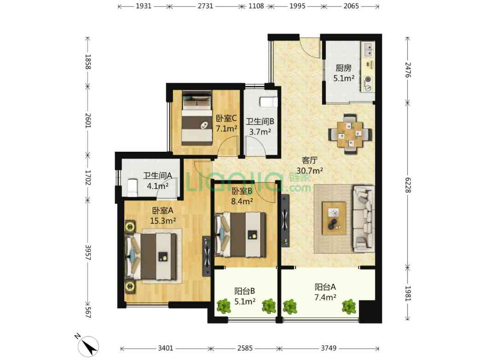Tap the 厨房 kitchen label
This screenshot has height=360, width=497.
pyautogui.click(x=343, y=68)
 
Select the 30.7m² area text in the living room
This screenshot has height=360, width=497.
pyautogui.click(x=309, y=171)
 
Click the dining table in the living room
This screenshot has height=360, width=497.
pyautogui.click(x=350, y=134)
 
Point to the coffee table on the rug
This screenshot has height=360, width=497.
pyautogui.click(x=334, y=218)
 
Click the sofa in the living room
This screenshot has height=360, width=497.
pyautogui.click(x=363, y=218)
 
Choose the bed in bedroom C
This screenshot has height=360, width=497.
pyautogui.click(x=197, y=119)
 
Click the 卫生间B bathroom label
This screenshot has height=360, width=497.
pyautogui.click(x=260, y=121)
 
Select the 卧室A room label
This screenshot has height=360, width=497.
pyautogui.click(x=162, y=211)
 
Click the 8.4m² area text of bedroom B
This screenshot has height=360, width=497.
pyautogui.click(x=242, y=201)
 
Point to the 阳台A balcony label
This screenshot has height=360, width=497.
pyautogui.click(x=325, y=287)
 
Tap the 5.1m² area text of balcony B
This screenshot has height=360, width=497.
pyautogui.click(x=245, y=302)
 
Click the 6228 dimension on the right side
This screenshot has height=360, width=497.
pyautogui.click(x=408, y=185)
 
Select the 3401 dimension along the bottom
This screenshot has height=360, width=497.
pyautogui.click(x=166, y=349)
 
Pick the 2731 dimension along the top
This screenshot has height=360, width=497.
pyautogui.click(x=205, y=6)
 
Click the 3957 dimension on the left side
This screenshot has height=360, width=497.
pyautogui.click(x=88, y=252)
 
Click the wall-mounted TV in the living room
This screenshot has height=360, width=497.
pyautogui.click(x=285, y=220)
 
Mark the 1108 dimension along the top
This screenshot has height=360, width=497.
pyautogui.click(x=256, y=6)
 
